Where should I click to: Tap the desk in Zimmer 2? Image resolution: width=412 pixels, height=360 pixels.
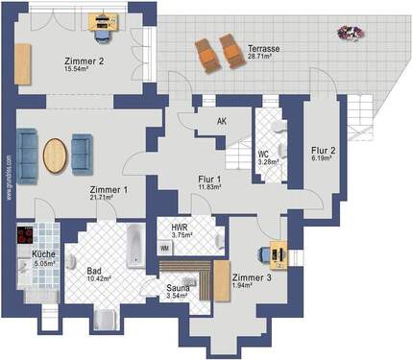click(x=101, y=26)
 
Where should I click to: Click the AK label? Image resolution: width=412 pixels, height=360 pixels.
click(x=222, y=123)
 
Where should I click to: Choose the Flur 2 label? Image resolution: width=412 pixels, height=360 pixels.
click(x=323, y=150)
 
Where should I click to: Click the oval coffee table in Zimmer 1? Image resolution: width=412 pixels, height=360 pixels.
click(x=57, y=156)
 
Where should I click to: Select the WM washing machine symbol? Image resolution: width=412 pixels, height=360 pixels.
click(x=164, y=248)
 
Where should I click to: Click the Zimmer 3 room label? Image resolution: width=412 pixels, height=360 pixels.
click(x=251, y=276)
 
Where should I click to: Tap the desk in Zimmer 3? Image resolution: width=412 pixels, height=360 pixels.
click(x=279, y=252)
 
